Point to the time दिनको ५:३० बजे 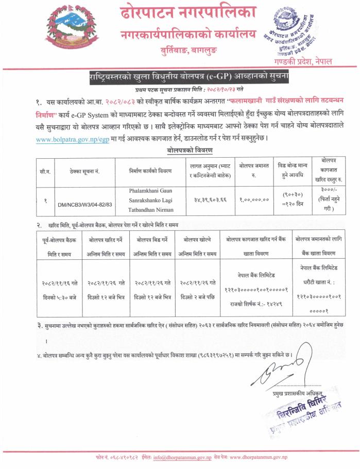click(58, 297)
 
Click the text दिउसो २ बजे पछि click(197, 297)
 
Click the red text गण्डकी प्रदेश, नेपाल click(303, 61)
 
